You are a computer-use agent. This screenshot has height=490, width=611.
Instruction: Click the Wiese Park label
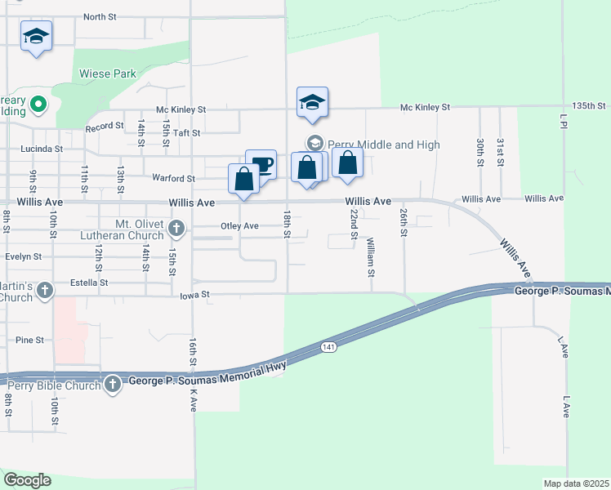[107, 73]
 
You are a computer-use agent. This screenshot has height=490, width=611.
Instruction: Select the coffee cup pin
[261, 164]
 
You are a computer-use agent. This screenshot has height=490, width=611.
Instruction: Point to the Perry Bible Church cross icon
[112, 383]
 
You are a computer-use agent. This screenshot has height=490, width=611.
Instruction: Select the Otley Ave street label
[239, 226]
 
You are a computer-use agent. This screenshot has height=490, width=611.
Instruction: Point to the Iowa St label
[194, 294]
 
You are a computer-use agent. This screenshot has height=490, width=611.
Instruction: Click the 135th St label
[589, 106]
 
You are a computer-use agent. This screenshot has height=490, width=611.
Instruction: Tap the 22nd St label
[354, 223]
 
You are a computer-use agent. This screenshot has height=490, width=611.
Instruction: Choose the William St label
[370, 256]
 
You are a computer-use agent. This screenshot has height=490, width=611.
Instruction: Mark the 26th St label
[404, 222]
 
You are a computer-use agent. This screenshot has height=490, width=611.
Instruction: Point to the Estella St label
[91, 283]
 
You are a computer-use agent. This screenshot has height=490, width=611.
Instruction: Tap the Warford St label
[173, 178]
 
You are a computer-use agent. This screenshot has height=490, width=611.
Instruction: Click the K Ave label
[194, 399]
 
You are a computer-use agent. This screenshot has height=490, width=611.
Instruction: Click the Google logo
[27, 480]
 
